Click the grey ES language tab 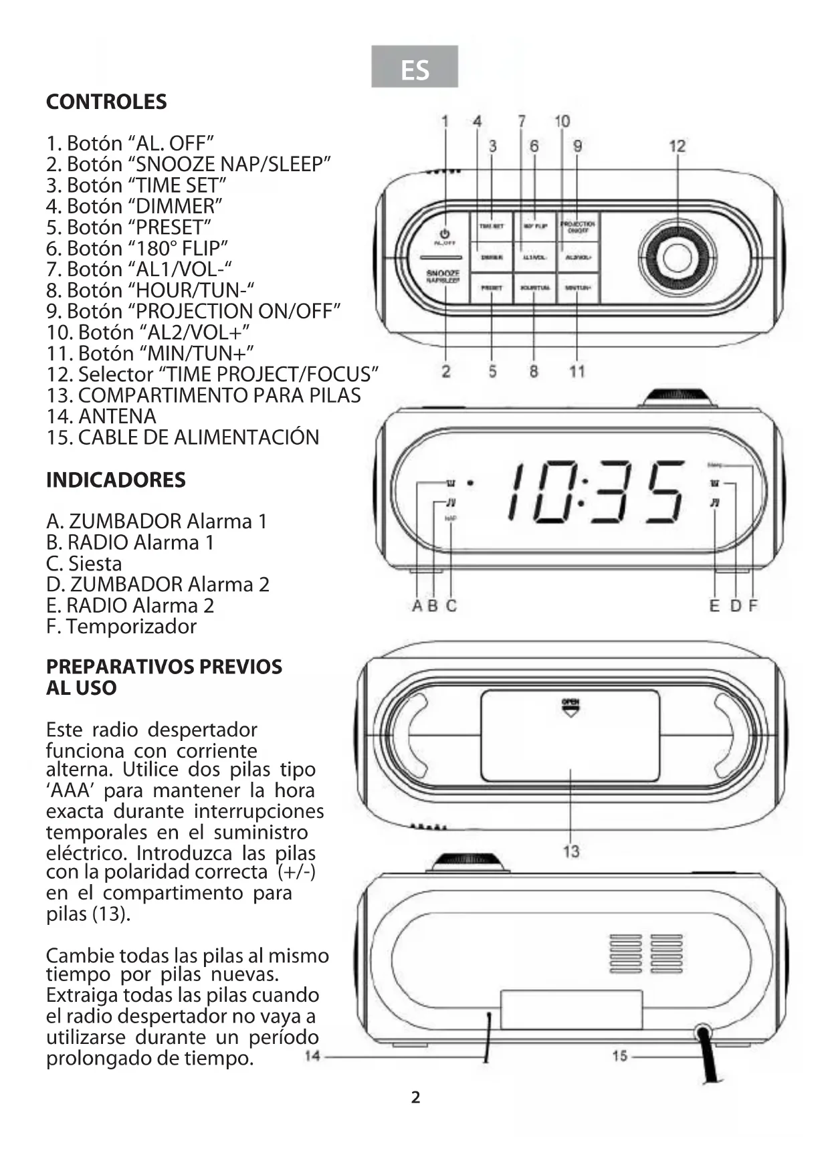click(415, 67)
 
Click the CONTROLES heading click(106, 102)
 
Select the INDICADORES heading click(116, 479)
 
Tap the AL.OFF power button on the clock click(444, 237)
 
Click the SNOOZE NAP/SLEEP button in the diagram click(443, 276)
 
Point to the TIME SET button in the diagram click(492, 227)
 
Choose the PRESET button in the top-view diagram click(492, 288)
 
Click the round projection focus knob click(676, 257)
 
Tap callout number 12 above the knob click(677, 146)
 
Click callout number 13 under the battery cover click(570, 851)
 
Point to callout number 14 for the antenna click(312, 1056)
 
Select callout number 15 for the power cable click(620, 1055)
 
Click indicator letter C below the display click(451, 606)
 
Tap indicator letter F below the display click(753, 606)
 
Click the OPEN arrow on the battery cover click(570, 708)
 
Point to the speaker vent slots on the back click(645, 954)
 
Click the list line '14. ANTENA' click(101, 416)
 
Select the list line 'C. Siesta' click(84, 563)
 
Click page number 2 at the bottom click(415, 1097)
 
